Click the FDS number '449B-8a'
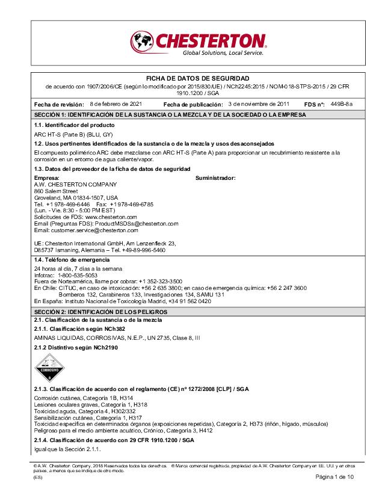341,103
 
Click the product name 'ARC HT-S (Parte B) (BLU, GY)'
73,134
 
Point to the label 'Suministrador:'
215,178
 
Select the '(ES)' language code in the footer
38,477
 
